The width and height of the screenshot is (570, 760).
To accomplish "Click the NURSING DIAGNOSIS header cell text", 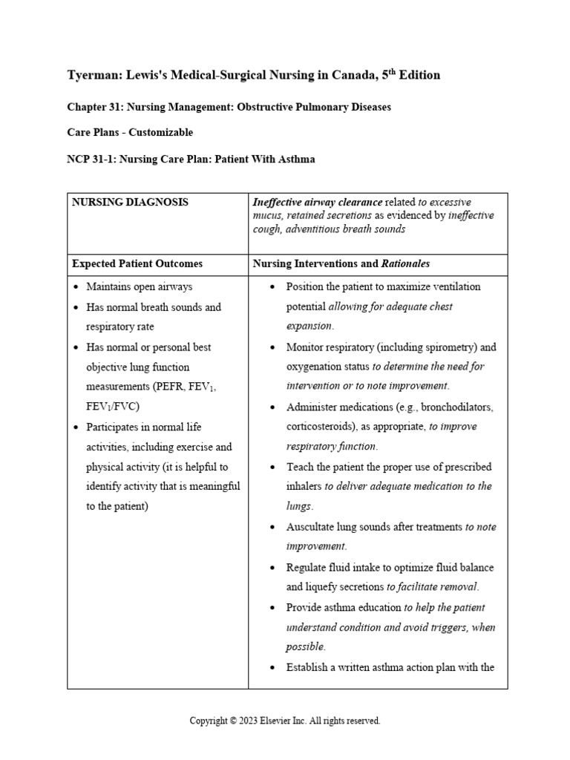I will pos(130,202).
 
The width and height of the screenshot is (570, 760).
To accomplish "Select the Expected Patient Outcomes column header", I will pos(137,263).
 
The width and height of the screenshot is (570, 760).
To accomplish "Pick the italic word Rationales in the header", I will pos(405,263).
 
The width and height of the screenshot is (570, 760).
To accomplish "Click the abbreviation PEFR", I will pos(174,387).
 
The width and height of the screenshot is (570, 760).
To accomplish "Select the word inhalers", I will pos(304,487).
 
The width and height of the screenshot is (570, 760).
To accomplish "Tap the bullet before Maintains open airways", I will pos(76,287).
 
